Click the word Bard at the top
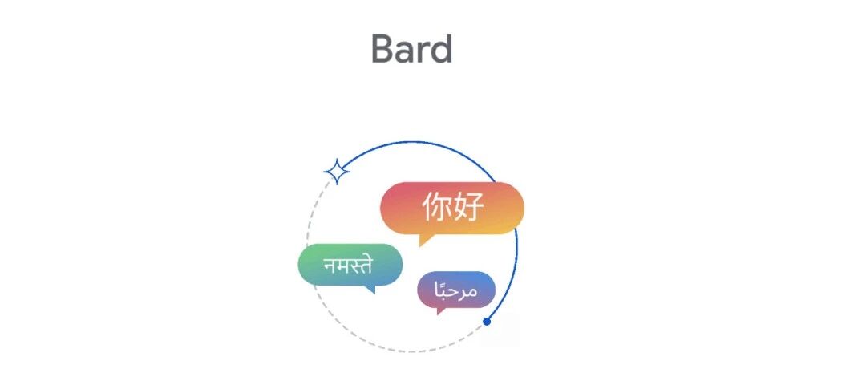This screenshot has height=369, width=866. click(x=412, y=49)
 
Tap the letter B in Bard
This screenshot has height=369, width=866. click(x=382, y=49)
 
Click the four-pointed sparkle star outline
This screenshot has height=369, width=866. click(x=336, y=172)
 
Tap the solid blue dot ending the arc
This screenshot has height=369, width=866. click(x=487, y=322)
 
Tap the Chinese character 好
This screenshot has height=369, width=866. click(x=468, y=207)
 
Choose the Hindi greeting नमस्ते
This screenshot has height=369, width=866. click(x=348, y=265)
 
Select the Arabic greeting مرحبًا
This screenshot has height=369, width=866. click(x=456, y=289)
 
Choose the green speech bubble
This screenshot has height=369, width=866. click(x=350, y=266)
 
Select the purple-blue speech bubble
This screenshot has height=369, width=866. click(x=456, y=290)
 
